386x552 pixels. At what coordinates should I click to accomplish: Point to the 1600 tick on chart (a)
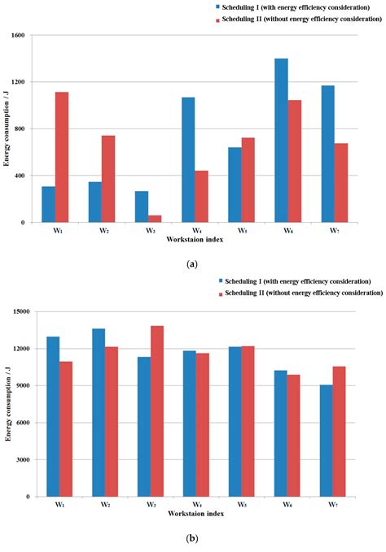coord(26,36)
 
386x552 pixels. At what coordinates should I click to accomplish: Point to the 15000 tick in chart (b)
coord(24,311)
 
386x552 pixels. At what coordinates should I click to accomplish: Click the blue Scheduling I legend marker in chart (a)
coord(219,7)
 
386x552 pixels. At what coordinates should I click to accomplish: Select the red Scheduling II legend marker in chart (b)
coord(219,292)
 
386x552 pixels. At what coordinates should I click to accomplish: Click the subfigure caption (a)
coord(192,263)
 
